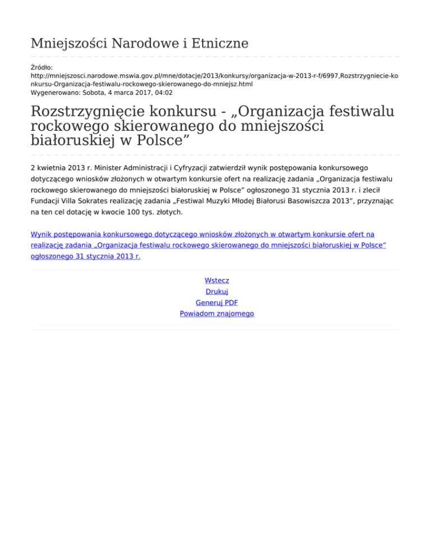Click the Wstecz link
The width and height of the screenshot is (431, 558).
(217, 280)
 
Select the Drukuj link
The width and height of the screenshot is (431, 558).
(217, 291)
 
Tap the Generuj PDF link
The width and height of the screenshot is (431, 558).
(217, 303)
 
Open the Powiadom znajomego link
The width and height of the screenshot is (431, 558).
(217, 314)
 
